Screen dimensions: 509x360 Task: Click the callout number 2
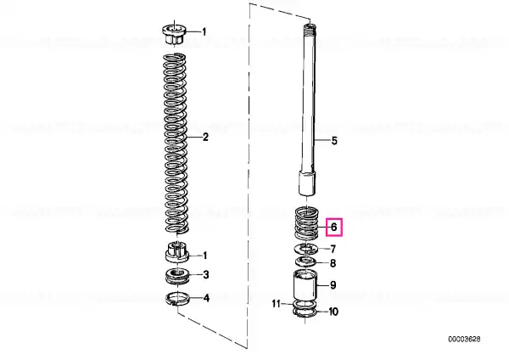tap(205, 137)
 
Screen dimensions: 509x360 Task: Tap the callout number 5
tap(334, 141)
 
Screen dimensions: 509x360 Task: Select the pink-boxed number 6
tap(334, 227)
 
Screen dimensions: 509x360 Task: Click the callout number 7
tap(333, 250)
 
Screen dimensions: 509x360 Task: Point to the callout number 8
tap(333, 263)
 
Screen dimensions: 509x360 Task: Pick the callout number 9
tap(333, 285)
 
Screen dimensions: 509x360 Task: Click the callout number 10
tap(333, 312)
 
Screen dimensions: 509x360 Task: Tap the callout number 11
tap(276, 304)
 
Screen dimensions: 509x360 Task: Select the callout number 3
tap(206, 275)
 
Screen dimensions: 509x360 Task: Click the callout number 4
tap(206, 298)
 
